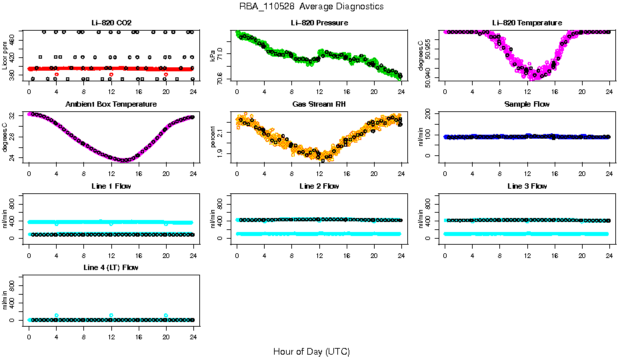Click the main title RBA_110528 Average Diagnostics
pyautogui.click(x=311, y=7)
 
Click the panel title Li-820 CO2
pyautogui.click(x=111, y=23)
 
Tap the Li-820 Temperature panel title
pyautogui.click(x=527, y=23)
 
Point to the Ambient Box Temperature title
pyautogui.click(x=111, y=105)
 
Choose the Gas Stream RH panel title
pyautogui.click(x=319, y=105)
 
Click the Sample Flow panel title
pyautogui.click(x=527, y=105)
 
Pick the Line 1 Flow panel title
pyautogui.click(x=111, y=186)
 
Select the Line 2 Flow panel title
pyautogui.click(x=319, y=186)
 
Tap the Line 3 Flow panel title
pyautogui.click(x=527, y=186)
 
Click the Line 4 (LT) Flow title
pyautogui.click(x=111, y=267)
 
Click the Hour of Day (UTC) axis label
pyautogui.click(x=311, y=351)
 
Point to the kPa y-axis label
pyautogui.click(x=213, y=55)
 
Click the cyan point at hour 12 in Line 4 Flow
pyautogui.click(x=111, y=315)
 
